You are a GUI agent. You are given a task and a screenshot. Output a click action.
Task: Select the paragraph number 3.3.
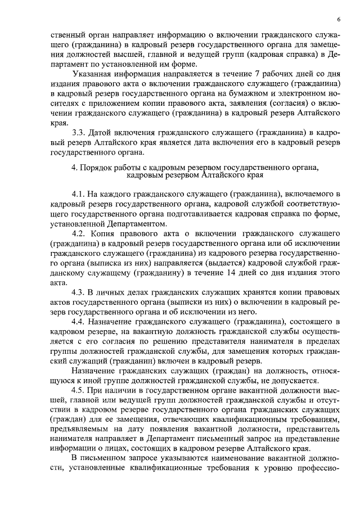(x=80, y=132)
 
